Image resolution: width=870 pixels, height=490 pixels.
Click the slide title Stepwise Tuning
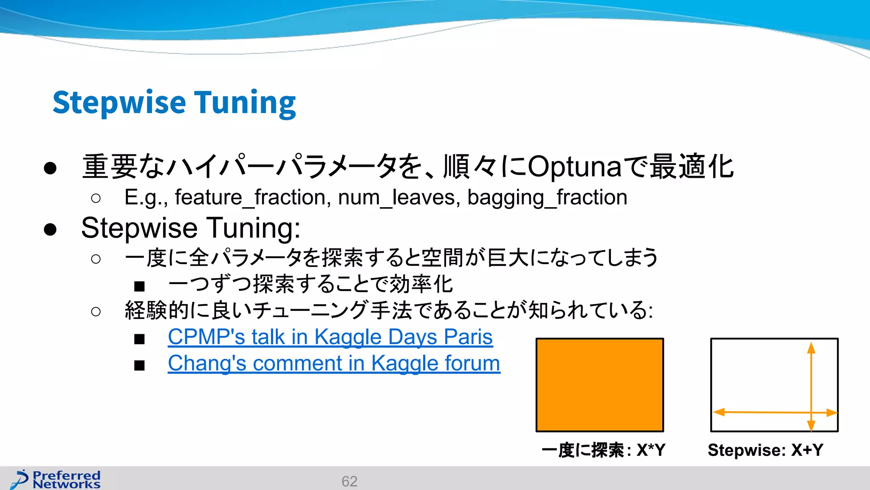174,103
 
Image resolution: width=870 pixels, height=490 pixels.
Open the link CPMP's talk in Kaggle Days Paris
330,337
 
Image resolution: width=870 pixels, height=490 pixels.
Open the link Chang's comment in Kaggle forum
334,363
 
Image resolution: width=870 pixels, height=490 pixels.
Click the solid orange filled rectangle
599,385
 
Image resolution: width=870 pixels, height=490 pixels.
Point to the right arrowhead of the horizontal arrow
831,413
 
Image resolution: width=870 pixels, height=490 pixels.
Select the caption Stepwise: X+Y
765,450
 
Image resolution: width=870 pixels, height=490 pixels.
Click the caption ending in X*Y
603,450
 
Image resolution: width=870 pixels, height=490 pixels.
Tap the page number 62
349,481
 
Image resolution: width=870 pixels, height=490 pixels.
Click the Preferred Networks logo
56,479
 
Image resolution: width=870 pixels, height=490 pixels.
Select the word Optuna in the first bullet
575,167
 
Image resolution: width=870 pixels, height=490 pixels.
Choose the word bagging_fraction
547,197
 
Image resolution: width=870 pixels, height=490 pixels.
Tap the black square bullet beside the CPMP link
139,339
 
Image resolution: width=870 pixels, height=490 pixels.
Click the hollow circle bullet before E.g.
96,198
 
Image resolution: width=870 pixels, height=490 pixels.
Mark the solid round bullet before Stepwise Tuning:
50,229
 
